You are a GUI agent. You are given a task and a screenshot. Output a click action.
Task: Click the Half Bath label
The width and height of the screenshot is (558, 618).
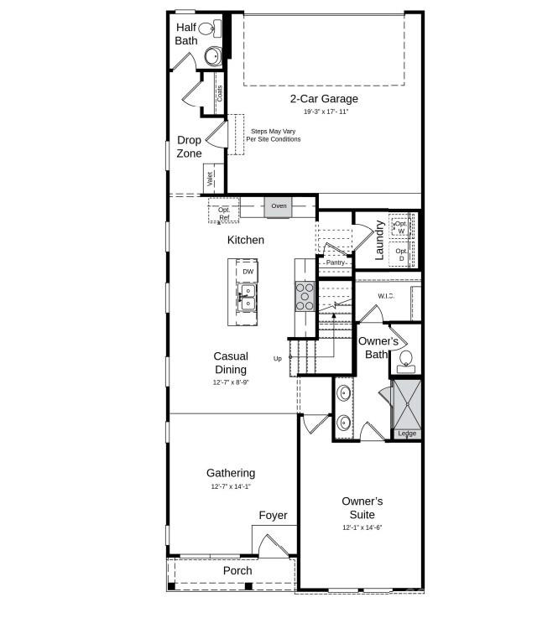click(185, 34)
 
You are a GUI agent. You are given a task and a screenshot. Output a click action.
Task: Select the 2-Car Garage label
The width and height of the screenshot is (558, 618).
click(324, 99)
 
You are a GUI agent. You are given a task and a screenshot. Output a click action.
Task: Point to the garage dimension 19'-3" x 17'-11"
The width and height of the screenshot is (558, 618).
click(325, 112)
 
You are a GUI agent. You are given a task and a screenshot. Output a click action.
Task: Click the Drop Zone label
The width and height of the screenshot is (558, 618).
click(189, 147)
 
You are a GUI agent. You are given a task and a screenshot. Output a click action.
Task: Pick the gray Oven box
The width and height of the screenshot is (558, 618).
click(279, 206)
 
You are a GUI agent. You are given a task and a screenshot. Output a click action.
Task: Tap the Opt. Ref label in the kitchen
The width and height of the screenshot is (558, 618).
click(223, 214)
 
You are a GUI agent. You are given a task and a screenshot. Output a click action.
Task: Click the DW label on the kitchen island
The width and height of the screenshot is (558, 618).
click(248, 272)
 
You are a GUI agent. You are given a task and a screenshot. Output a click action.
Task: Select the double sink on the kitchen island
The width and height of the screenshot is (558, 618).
click(248, 296)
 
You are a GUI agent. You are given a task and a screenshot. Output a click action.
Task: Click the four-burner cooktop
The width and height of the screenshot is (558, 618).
click(305, 297)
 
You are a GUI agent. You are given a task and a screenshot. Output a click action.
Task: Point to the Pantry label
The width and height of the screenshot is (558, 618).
click(336, 262)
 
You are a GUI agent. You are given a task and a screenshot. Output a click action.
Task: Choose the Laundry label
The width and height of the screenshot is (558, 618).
click(379, 239)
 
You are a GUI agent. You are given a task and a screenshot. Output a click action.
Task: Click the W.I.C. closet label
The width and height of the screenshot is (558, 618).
click(386, 296)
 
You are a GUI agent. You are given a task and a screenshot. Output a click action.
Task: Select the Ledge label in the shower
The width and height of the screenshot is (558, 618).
click(406, 434)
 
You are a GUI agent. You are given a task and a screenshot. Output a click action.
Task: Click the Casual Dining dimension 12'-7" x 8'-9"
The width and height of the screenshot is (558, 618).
click(230, 382)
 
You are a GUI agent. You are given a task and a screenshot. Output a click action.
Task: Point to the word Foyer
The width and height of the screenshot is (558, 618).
click(273, 516)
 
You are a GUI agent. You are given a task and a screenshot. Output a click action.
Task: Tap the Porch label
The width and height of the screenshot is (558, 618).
click(237, 571)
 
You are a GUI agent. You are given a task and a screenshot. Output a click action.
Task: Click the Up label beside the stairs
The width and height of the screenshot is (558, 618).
click(278, 359)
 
